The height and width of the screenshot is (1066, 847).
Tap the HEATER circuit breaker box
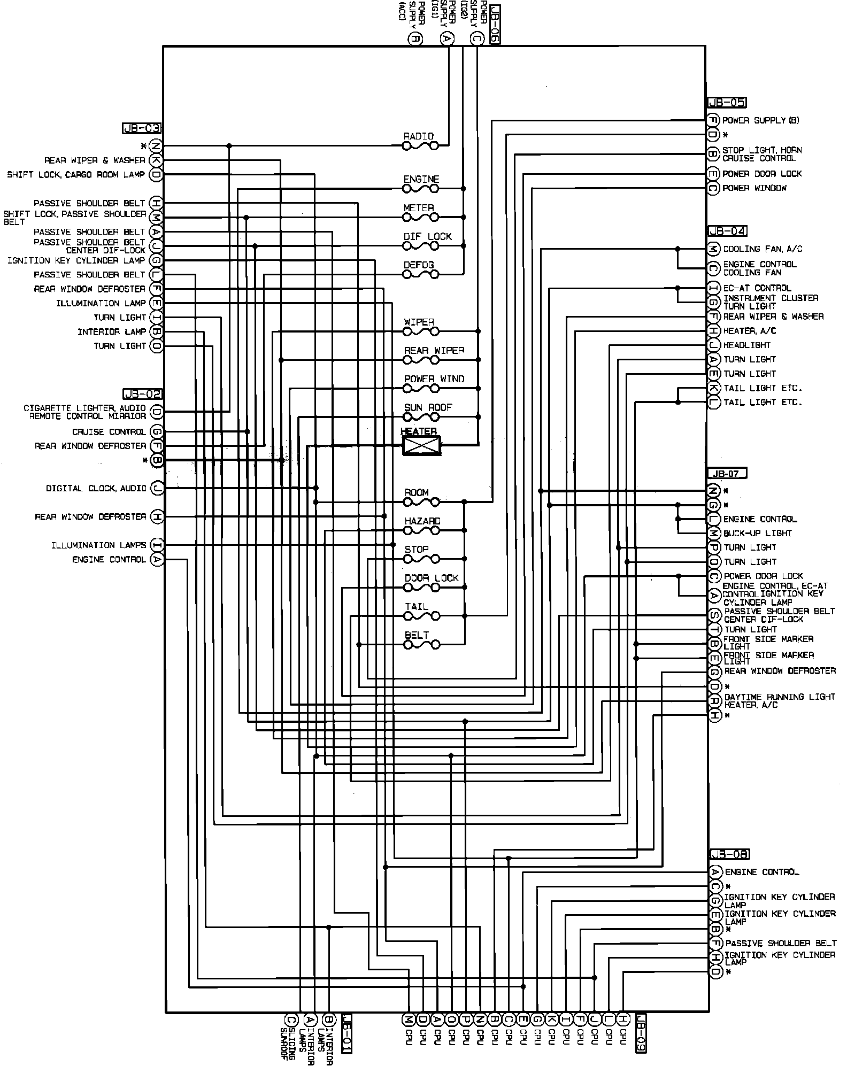tap(421, 445)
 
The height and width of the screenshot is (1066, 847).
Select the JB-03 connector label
tap(142, 128)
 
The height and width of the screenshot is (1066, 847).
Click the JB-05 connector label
tap(727, 103)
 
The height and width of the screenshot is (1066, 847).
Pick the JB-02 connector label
tap(142, 395)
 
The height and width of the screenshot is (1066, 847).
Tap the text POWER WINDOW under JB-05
tap(754, 188)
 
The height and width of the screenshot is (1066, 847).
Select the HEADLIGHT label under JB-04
tap(747, 345)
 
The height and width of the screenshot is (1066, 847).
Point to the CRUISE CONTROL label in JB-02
tap(109, 432)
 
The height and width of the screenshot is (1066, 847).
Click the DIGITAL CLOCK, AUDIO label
tap(96, 489)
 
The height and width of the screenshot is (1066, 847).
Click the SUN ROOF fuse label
tap(428, 407)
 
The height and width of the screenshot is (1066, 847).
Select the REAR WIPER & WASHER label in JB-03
tap(95, 160)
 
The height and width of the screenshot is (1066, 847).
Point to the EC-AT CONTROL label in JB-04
tap(757, 288)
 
